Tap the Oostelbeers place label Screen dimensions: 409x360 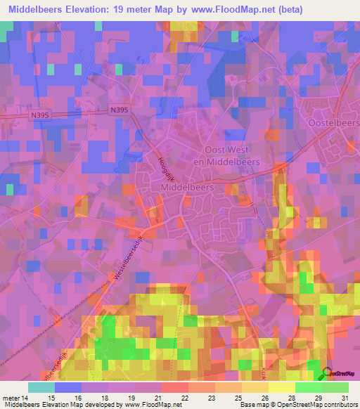pos(334,122)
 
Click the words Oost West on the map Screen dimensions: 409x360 pos(231,150)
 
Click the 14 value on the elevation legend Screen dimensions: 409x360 pos(27,397)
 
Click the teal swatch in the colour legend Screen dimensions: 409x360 pos(41,387)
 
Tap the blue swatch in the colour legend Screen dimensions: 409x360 pos(68,387)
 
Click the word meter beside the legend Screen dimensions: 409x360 pos(10,397)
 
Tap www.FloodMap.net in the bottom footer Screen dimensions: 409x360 pos(151,405)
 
